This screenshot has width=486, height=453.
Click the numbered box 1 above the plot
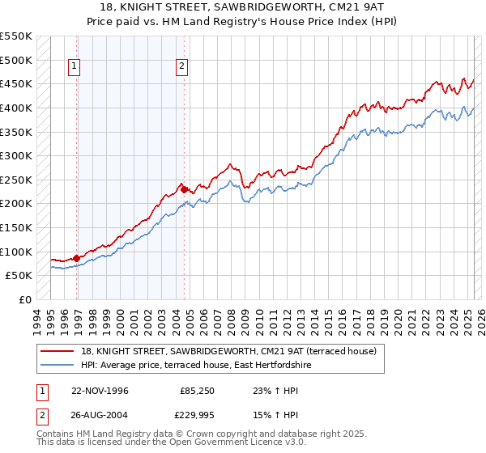click(x=75, y=67)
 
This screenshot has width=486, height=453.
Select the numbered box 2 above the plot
click(x=182, y=67)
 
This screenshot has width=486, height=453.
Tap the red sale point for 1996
click(x=77, y=258)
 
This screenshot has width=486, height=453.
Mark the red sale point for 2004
click(x=184, y=189)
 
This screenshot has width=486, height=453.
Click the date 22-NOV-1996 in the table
click(x=101, y=391)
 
